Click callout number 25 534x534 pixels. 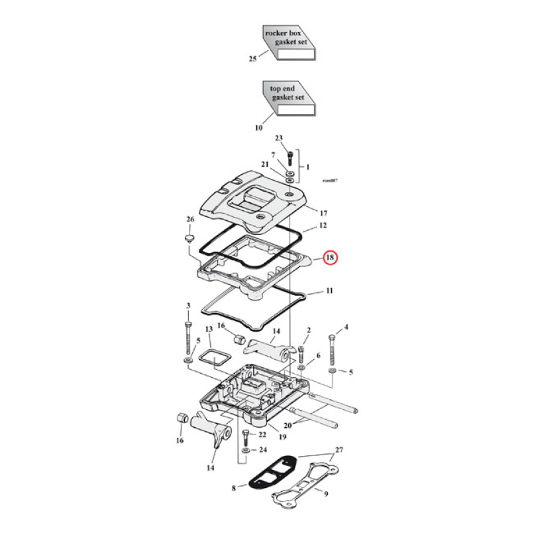click(x=252, y=59)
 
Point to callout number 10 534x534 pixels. click(x=258, y=127)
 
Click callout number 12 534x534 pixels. click(x=322, y=226)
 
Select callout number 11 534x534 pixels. click(x=329, y=292)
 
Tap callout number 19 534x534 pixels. click(x=282, y=437)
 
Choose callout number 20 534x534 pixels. click(x=287, y=425)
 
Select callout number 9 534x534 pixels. click(x=326, y=495)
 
